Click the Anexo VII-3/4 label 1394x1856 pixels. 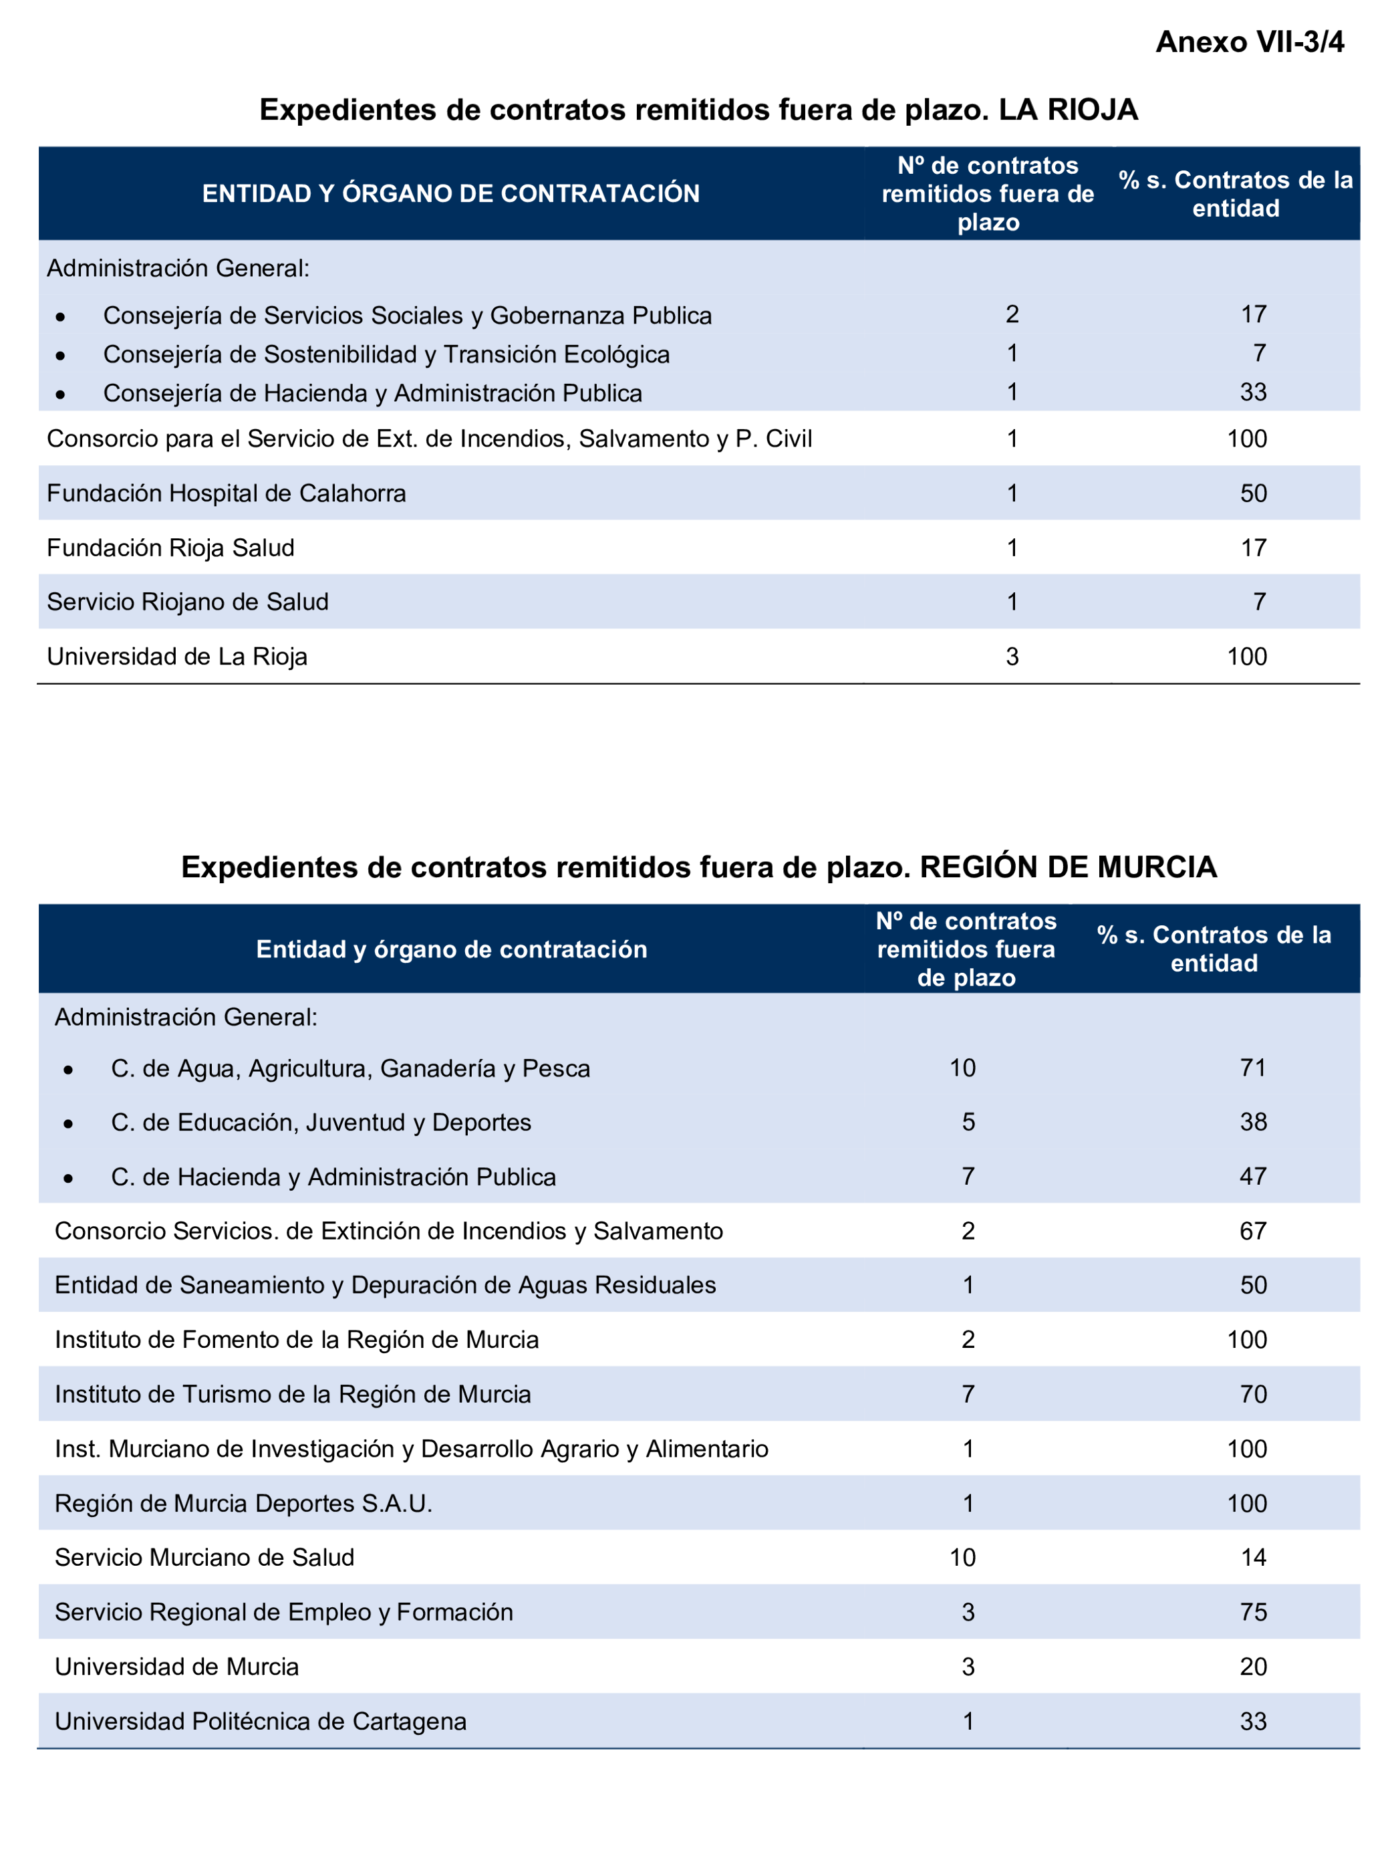[x=1249, y=42]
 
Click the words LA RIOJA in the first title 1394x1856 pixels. [x=1067, y=110]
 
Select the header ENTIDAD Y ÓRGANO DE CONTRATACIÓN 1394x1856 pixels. [x=450, y=194]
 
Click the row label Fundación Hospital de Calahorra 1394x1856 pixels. [x=227, y=493]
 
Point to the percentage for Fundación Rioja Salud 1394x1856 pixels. [x=1253, y=548]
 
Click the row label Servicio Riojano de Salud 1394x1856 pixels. [x=188, y=602]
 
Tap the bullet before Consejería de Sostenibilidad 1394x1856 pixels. [x=60, y=356]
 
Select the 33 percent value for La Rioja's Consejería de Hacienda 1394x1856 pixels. [x=1253, y=392]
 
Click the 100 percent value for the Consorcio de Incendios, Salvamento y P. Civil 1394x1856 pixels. [x=1246, y=439]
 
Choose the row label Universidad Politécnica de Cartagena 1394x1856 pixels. [x=260, y=1722]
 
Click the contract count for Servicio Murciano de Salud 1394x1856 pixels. [x=962, y=1558]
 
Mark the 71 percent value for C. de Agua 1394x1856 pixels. [x=1253, y=1068]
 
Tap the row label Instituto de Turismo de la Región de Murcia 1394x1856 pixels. [x=293, y=1395]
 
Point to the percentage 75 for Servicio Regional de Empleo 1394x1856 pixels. [x=1253, y=1613]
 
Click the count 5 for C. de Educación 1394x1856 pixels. [x=968, y=1123]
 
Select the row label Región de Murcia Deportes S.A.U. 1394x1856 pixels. [x=243, y=1504]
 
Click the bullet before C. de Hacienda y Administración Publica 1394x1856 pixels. [x=68, y=1178]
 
